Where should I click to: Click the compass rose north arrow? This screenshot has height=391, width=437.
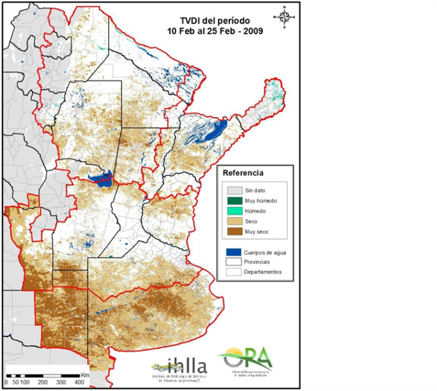[x=285, y=17]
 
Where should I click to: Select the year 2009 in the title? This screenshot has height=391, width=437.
[x=252, y=31]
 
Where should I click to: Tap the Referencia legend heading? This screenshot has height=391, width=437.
[x=244, y=173]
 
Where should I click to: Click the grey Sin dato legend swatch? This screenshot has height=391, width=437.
[x=234, y=190]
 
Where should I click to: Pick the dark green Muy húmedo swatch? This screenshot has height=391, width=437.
[x=234, y=201]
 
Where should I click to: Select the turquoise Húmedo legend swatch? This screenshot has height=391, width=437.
[x=234, y=211]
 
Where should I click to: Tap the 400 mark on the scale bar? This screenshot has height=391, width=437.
[x=79, y=381]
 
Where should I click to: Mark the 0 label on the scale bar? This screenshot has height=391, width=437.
[x=6, y=381]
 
